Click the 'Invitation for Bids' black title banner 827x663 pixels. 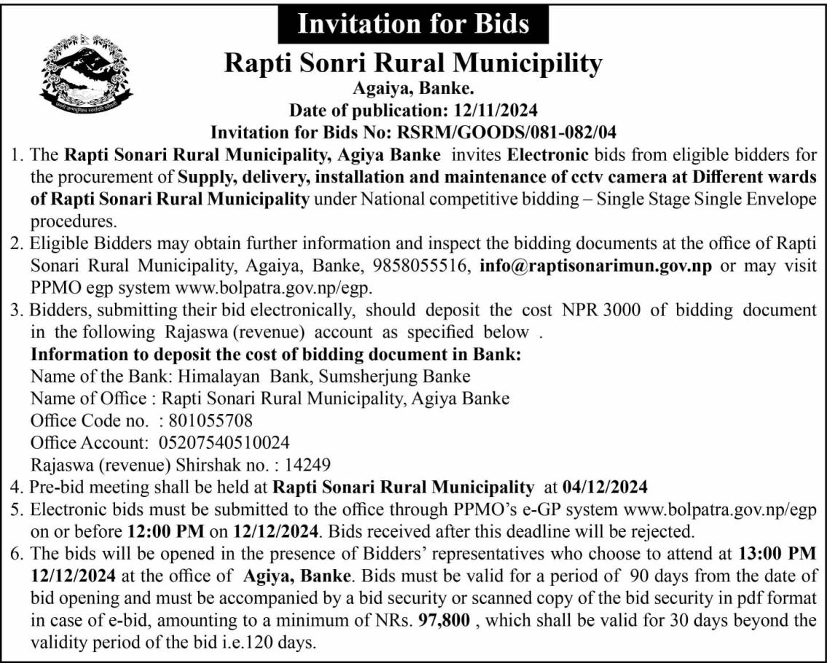(413, 24)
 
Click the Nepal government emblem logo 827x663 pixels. (86, 74)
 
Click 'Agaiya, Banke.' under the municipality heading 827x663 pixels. (413, 91)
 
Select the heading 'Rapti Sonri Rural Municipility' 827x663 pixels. (413, 63)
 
